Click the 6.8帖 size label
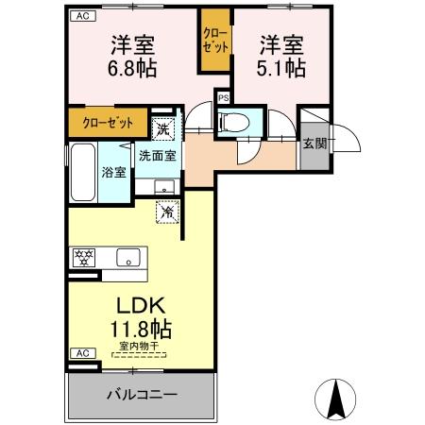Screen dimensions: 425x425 (131, 69)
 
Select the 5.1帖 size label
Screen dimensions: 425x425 (281, 69)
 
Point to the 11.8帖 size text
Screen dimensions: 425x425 (141, 330)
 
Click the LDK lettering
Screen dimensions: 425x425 (141, 307)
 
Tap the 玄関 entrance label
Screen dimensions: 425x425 (314, 144)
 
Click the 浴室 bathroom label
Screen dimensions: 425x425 (113, 172)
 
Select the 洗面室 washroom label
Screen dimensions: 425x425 (157, 156)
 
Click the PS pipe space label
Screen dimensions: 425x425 (224, 97)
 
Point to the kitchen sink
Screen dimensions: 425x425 (127, 256)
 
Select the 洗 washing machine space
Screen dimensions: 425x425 (163, 129)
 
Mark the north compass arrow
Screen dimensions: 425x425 (334, 399)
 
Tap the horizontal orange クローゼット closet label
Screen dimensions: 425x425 (104, 122)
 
